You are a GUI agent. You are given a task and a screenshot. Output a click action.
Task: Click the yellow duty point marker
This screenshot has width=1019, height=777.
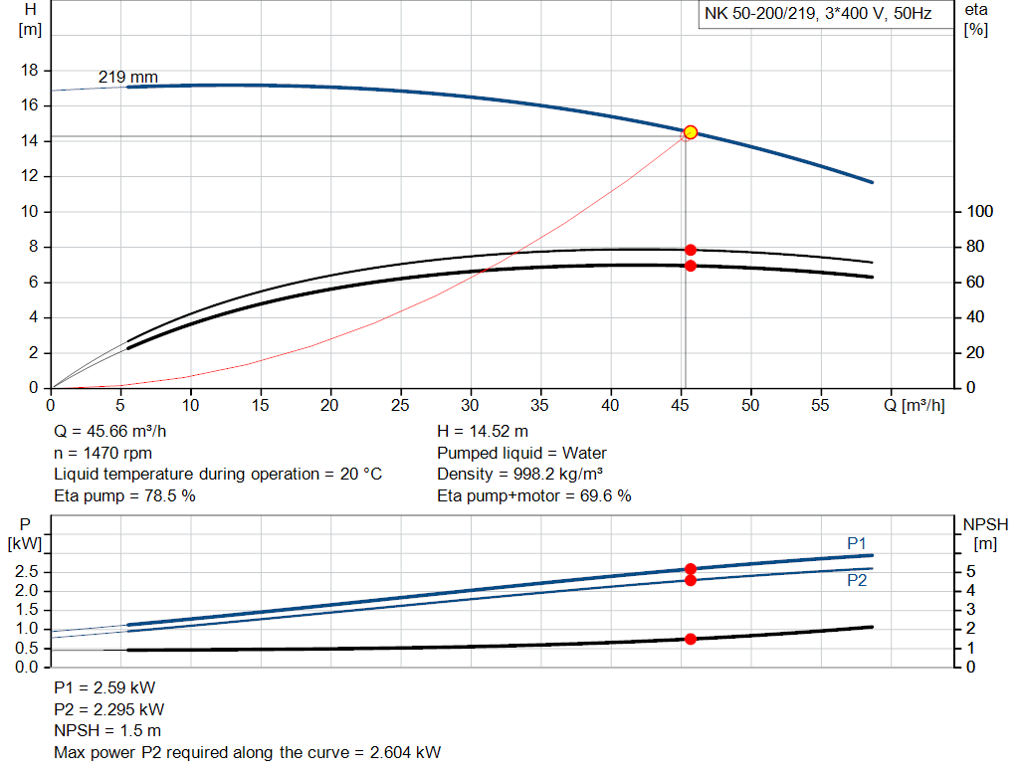pos(690,132)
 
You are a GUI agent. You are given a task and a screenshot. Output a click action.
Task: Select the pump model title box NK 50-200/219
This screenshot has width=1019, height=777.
pos(818,16)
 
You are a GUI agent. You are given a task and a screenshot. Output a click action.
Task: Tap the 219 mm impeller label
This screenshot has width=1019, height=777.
pos(127,77)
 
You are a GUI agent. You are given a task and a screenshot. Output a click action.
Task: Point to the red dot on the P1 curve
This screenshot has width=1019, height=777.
pos(690,569)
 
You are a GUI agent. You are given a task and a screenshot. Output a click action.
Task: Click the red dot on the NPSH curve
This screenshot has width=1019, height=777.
pos(690,639)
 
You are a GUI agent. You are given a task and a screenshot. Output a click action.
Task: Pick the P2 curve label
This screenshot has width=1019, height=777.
pos(856,580)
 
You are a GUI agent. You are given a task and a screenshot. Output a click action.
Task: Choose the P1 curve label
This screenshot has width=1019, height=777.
pos(856,542)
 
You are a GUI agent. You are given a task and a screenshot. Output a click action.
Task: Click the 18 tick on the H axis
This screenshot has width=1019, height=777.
pos(30,71)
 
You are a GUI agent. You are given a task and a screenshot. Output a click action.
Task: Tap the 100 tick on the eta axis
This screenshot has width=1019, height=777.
pos(980,212)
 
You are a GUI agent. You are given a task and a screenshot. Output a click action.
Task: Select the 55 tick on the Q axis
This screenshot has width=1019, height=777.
pos(822,405)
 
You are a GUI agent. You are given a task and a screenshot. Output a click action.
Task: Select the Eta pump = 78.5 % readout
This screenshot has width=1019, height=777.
pos(124,495)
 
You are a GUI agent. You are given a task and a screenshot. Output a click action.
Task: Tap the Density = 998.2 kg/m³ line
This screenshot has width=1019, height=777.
pos(519,474)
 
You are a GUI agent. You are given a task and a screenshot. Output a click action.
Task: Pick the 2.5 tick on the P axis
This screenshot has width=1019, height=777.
pos(27,571)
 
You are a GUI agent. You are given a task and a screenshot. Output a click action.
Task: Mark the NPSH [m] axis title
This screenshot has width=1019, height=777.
pos(985,533)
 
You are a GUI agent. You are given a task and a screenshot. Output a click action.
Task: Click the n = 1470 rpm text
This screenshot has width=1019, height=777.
pos(99,453)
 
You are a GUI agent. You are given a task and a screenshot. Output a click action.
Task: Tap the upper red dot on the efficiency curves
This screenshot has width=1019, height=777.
pos(690,250)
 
